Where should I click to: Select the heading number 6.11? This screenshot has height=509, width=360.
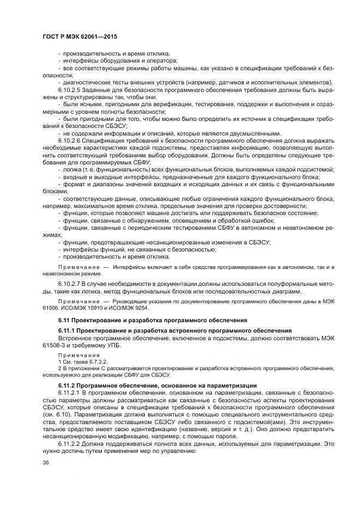[x=64, y=320]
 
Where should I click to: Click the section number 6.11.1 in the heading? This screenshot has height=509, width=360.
[x=68, y=331]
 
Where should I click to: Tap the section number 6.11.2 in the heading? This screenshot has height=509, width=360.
[x=68, y=385]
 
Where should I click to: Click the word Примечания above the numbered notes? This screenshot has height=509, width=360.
[x=75, y=355]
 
